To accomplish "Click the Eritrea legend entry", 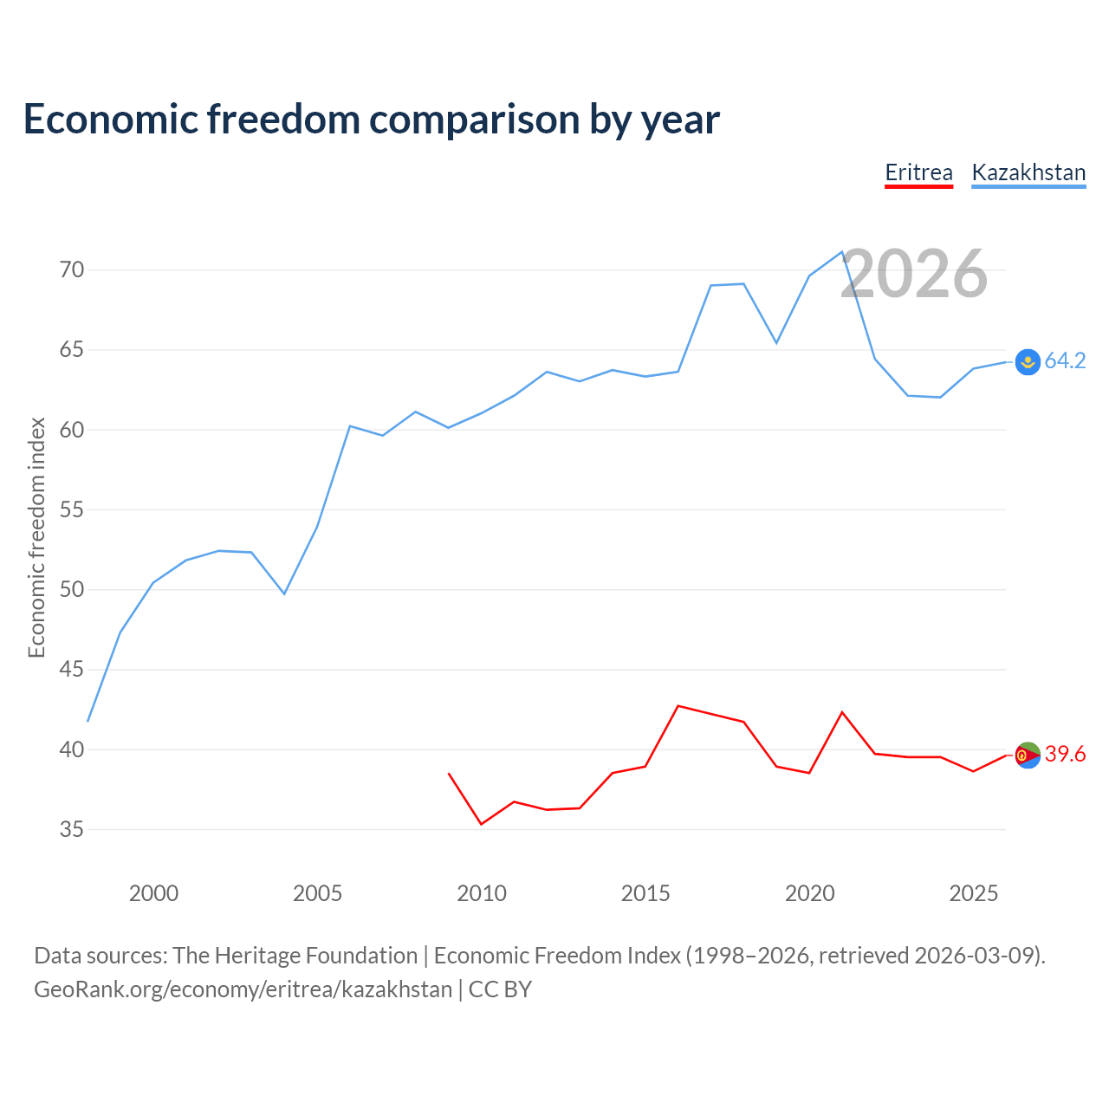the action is [x=918, y=173].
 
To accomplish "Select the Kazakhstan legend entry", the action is [x=1028, y=173].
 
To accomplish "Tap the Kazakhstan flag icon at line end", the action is [x=1028, y=362].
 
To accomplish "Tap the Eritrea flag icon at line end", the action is [x=1028, y=755].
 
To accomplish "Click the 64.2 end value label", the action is [x=1066, y=360].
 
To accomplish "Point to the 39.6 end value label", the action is [x=1066, y=754].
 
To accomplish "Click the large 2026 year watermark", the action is [x=914, y=274].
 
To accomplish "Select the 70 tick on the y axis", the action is [x=71, y=269].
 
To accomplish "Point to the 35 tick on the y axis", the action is [x=71, y=829].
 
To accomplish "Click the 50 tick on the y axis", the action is [x=71, y=589].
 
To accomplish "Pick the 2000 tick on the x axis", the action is [x=153, y=893].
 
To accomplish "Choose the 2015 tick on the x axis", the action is [x=645, y=893].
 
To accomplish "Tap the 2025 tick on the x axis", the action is [x=974, y=893].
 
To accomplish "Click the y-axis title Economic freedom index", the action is [x=37, y=537].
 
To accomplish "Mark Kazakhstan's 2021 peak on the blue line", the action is [x=842, y=251].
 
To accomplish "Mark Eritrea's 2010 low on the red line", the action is [x=481, y=824].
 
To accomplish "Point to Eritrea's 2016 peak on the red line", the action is [x=678, y=705].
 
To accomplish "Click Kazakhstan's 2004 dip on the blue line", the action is [x=284, y=593].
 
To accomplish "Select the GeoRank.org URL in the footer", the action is [x=243, y=989].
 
